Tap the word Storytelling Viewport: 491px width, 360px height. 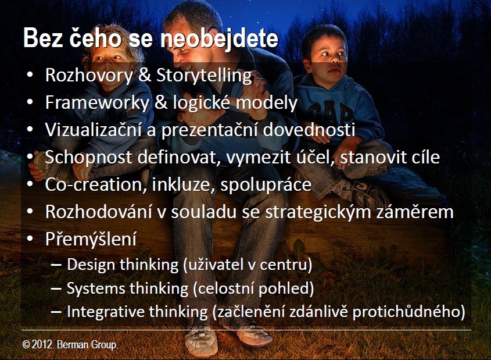[204, 76]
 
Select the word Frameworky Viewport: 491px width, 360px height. [97, 103]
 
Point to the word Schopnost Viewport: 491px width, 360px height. [88, 157]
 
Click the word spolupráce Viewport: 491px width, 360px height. [266, 185]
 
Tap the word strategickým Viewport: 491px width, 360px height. [318, 212]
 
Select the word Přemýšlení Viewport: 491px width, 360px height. [91, 240]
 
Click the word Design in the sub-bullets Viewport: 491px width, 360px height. [91, 265]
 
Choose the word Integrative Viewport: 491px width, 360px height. [106, 312]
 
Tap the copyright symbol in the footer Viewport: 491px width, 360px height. [26, 345]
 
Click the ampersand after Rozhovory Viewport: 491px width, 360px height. [144, 76]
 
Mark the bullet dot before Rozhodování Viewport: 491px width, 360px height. [30, 212]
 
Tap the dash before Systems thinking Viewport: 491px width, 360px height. [56, 289]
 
